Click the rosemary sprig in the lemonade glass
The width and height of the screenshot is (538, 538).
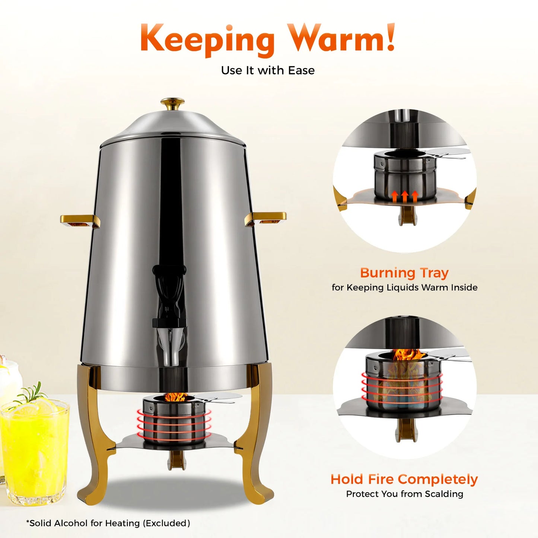click(x=31, y=393)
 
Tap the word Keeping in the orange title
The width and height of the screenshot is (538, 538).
click(x=207, y=40)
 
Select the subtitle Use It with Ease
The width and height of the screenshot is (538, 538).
click(x=268, y=70)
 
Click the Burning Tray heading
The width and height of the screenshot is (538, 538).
click(x=404, y=273)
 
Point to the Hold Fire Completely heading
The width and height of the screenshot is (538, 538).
click(x=404, y=479)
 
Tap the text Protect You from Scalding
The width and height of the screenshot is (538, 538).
click(x=404, y=494)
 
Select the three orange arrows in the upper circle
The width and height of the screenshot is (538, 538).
click(x=405, y=196)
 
